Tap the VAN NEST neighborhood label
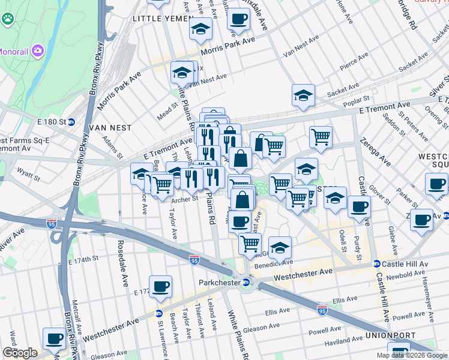[x=109, y=128]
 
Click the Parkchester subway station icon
[x=246, y=283]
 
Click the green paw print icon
[x=8, y=19]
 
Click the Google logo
[x=20, y=353]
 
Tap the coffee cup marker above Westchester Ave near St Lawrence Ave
[x=160, y=286]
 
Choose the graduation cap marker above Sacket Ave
[x=304, y=95]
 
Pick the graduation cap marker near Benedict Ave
[x=280, y=247]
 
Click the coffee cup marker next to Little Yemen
[x=238, y=19]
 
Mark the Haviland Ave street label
[x=343, y=340]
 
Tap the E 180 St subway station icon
[x=71, y=122]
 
